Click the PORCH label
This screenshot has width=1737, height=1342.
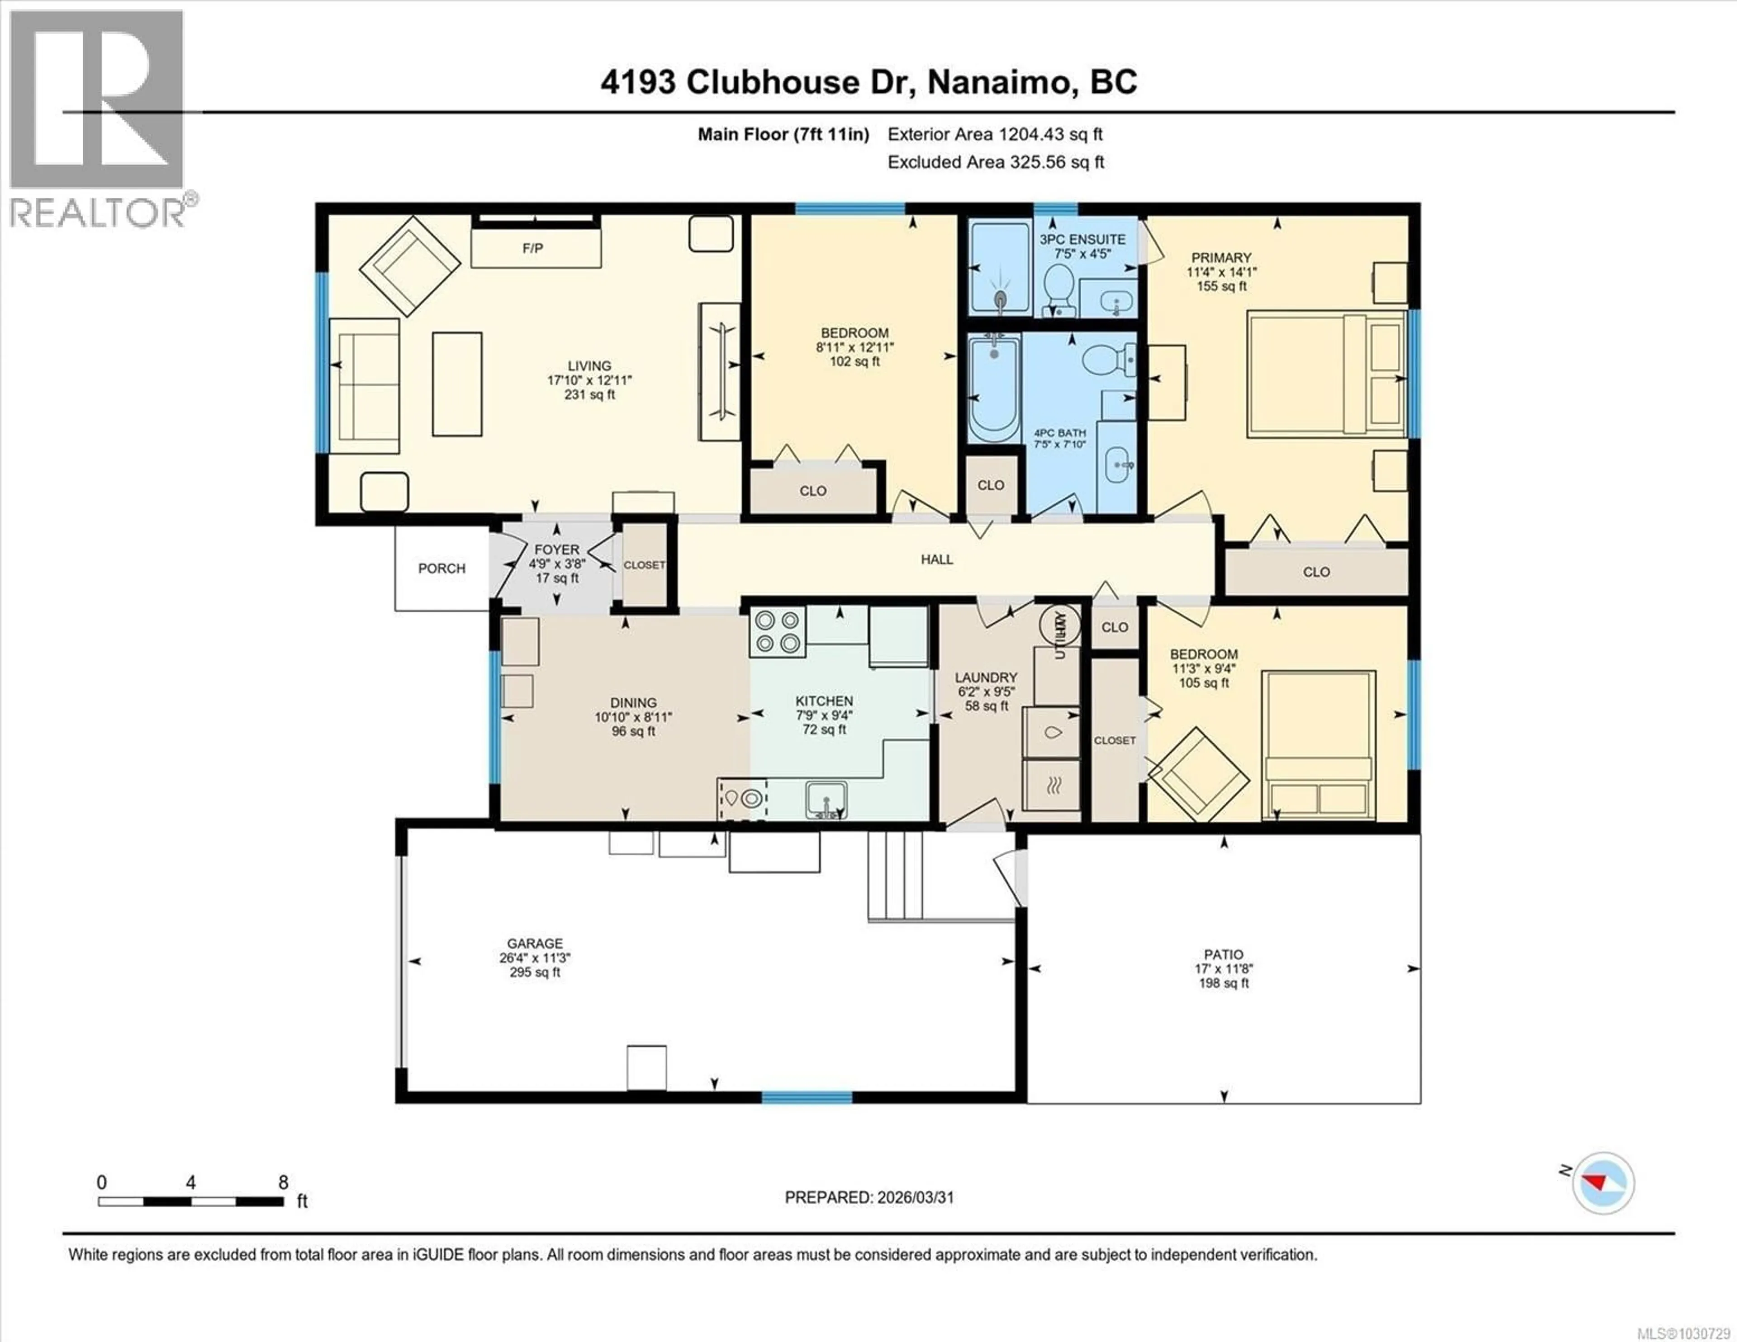pyautogui.click(x=441, y=568)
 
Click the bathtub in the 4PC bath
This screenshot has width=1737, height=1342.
pyautogui.click(x=994, y=388)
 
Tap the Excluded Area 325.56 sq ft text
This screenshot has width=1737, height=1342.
pyautogui.click(x=995, y=162)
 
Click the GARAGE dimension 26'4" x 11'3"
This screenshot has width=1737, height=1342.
pyautogui.click(x=535, y=958)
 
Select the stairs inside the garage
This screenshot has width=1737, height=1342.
pyautogui.click(x=897, y=875)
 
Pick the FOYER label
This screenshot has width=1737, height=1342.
pyautogui.click(x=557, y=550)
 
